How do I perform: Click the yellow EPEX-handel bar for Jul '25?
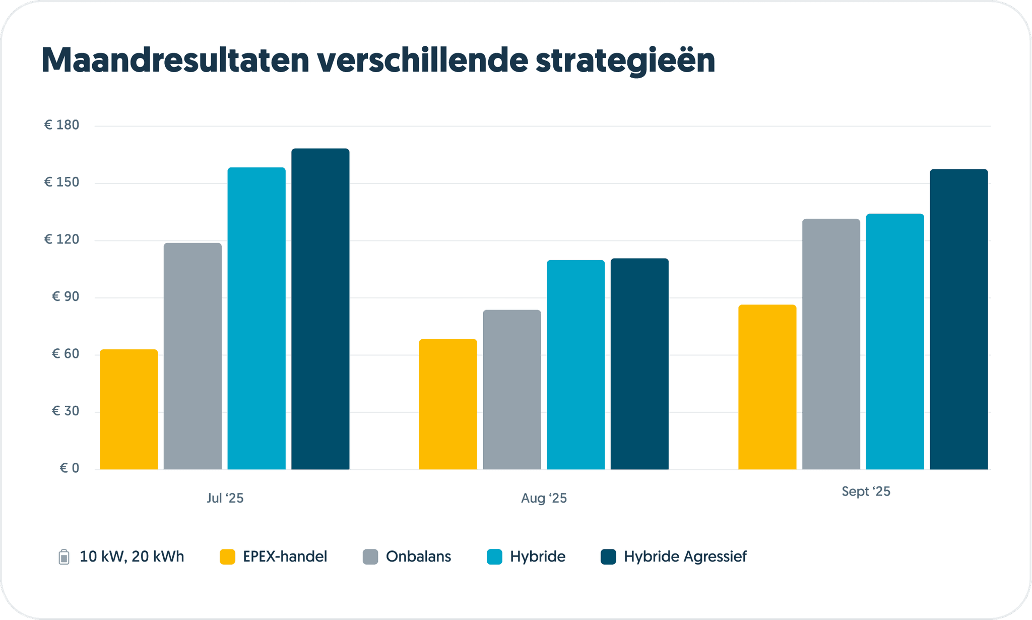coord(128,409)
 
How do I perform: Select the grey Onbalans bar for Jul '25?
coord(192,356)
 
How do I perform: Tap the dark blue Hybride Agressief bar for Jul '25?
coord(320,308)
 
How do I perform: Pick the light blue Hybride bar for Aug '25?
coord(575,364)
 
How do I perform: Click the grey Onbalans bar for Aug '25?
coord(511,389)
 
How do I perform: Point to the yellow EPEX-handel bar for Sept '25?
coord(767,387)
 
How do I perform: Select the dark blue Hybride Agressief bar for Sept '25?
coord(958,319)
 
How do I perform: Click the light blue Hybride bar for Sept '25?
coord(894,341)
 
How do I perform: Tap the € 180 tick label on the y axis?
coord(61,125)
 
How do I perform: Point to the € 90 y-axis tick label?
coord(66,296)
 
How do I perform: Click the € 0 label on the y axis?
coord(70,468)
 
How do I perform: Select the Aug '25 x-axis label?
coord(544,498)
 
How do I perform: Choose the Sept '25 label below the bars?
coord(866,491)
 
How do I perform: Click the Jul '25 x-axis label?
coord(225,498)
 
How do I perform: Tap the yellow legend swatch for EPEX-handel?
coord(227,556)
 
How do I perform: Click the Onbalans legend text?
coord(418,556)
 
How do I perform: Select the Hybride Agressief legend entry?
coord(685,556)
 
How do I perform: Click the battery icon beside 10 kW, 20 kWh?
coord(64,556)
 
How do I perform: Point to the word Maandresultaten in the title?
coord(175,60)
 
